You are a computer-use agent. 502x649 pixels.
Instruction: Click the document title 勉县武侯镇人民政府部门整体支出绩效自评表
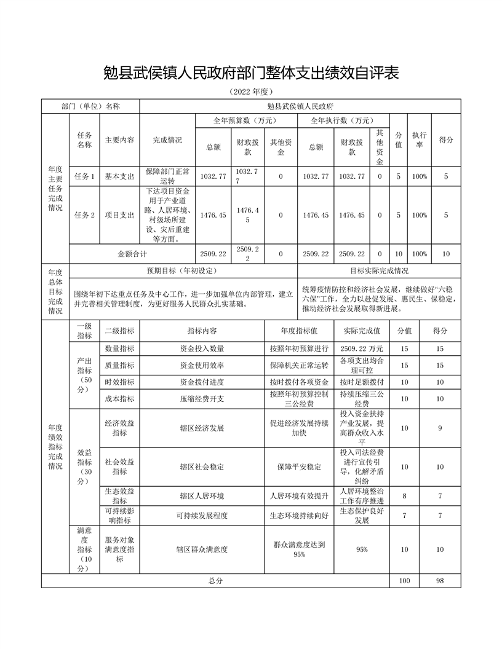click(x=250, y=74)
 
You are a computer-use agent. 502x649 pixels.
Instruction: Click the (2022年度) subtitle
click(x=250, y=92)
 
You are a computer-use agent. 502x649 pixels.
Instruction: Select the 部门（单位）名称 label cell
click(x=90, y=106)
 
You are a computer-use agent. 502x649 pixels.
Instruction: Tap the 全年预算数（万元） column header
click(x=245, y=120)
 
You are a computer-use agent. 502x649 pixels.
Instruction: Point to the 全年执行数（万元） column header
click(x=342, y=120)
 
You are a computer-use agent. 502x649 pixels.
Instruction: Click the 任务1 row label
click(x=84, y=176)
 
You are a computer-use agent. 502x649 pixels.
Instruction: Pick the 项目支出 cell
click(x=119, y=215)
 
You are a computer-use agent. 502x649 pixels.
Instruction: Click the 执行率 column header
click(x=420, y=140)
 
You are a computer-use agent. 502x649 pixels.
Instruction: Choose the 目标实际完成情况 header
click(x=379, y=270)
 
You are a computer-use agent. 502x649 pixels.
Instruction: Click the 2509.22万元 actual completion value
click(x=361, y=348)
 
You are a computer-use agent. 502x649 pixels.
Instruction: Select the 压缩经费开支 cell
click(x=202, y=398)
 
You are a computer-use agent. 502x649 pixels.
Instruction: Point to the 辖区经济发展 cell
click(x=202, y=428)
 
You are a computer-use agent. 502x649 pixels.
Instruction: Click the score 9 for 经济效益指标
click(x=439, y=428)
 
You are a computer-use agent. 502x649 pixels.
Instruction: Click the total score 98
click(x=439, y=580)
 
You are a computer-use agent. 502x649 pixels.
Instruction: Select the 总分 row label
click(x=215, y=580)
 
